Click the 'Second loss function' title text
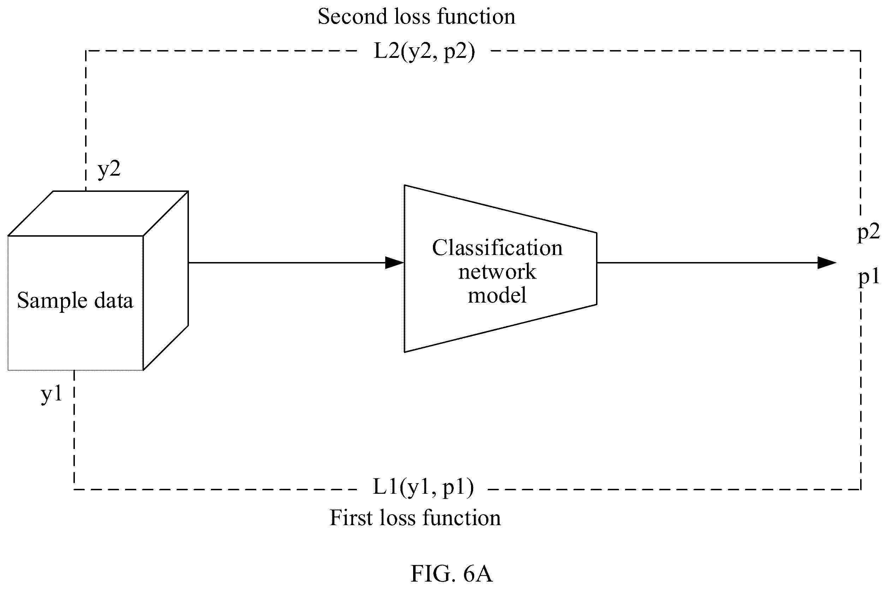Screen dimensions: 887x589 tap(416, 17)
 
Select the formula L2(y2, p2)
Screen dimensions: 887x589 tap(424, 51)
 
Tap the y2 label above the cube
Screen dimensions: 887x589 tap(109, 169)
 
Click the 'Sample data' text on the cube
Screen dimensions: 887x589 tap(75, 301)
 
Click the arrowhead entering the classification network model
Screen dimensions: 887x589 tap(394, 263)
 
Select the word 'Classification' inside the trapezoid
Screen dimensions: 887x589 tap(497, 248)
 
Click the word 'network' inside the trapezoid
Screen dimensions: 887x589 tap(497, 272)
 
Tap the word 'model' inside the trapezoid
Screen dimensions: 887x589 tap(497, 295)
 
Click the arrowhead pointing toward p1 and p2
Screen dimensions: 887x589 tap(827, 263)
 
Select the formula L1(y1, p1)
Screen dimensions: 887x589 tap(423, 487)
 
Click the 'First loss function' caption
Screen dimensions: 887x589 tap(415, 518)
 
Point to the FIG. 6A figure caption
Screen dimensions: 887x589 tap(451, 573)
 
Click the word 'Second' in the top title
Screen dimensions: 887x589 tap(347, 17)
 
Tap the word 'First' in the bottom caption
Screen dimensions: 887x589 tap(352, 518)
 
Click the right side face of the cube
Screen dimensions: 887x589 tap(166, 281)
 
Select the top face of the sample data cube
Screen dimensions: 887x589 tap(98, 213)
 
